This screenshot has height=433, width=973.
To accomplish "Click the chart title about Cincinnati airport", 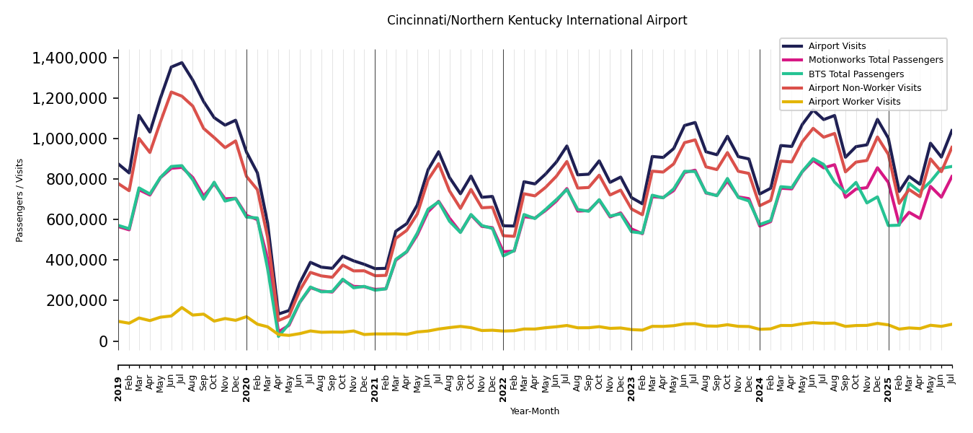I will pyautogui.click(x=537, y=21).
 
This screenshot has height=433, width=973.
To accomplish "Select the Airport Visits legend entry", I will pyautogui.click(x=837, y=46).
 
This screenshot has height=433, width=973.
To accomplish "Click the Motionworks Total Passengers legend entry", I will pyautogui.click(x=875, y=60).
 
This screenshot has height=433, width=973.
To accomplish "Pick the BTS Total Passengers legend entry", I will pyautogui.click(x=856, y=74).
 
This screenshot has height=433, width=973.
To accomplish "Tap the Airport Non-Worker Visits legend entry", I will pyautogui.click(x=864, y=88).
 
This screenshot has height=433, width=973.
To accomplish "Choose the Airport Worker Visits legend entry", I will pyautogui.click(x=854, y=102).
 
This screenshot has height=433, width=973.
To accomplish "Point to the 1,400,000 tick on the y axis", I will pyautogui.click(x=70, y=58).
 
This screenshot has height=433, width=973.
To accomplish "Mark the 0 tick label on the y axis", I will pyautogui.click(x=102, y=341).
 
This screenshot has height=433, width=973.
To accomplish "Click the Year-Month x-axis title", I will pyautogui.click(x=534, y=411).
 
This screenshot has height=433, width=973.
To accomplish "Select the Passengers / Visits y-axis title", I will pyautogui.click(x=20, y=200).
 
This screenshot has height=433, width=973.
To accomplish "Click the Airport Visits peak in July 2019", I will pyautogui.click(x=182, y=63).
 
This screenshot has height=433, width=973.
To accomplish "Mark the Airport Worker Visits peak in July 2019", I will pyautogui.click(x=182, y=307).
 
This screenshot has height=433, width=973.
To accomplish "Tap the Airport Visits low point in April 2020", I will pyautogui.click(x=278, y=315).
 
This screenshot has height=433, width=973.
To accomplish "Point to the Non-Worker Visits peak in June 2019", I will pyautogui.click(x=172, y=92).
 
